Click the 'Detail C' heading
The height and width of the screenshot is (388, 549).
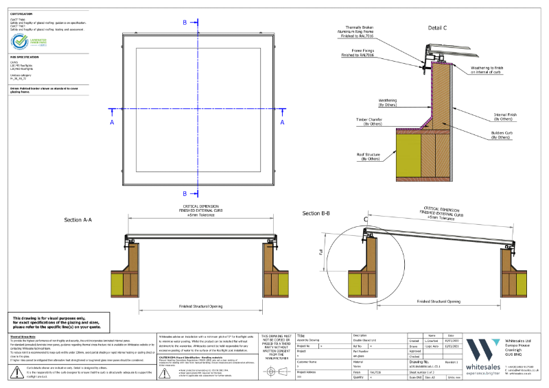437,28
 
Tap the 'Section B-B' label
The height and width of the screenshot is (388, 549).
316,214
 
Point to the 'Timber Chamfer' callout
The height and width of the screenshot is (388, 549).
369,122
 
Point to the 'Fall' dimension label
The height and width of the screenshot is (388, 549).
320,253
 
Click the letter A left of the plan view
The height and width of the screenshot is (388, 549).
111,122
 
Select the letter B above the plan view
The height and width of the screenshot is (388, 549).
185,23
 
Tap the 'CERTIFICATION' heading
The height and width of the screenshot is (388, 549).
21,12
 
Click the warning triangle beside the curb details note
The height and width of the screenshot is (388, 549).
15,372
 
